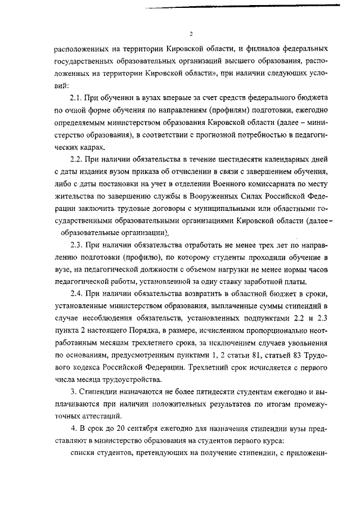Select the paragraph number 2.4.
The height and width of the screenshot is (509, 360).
click(77, 294)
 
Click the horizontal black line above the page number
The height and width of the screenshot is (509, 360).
click(242, 6)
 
